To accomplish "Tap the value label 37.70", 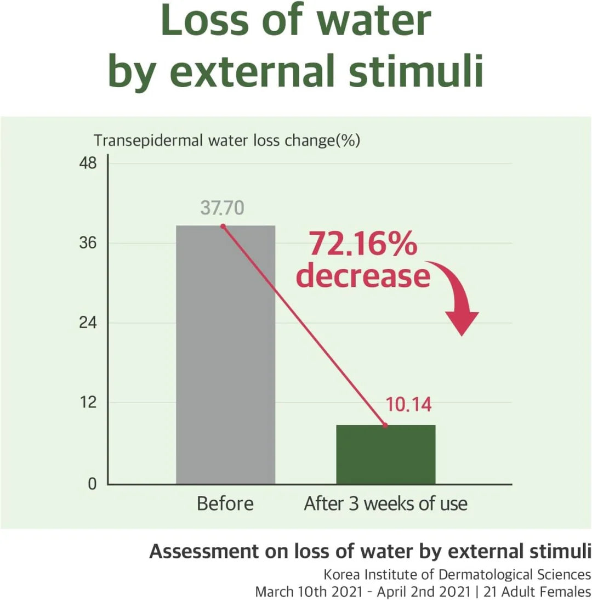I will pyautogui.click(x=222, y=208).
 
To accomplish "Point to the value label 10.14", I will pyautogui.click(x=408, y=405).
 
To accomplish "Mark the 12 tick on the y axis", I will pyautogui.click(x=88, y=403).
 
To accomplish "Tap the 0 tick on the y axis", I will pyautogui.click(x=92, y=484).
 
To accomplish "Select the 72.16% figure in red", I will pyautogui.click(x=362, y=244).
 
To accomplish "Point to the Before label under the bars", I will pyautogui.click(x=225, y=503).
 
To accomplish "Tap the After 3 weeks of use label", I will pyautogui.click(x=385, y=503).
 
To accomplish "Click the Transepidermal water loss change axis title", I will pyautogui.click(x=226, y=140).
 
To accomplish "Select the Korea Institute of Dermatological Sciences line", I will pyautogui.click(x=457, y=575).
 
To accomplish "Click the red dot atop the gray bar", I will pyautogui.click(x=223, y=226).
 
